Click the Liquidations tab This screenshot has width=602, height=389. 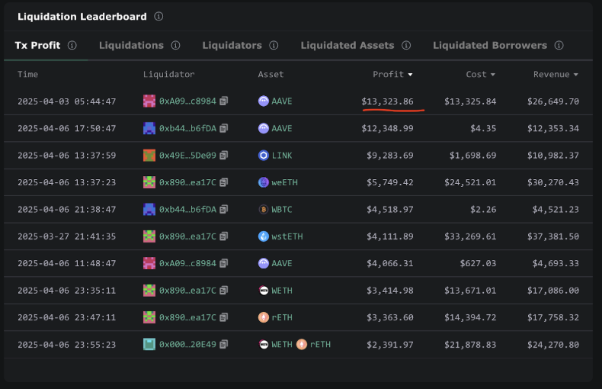pos(131,45)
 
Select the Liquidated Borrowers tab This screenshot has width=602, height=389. pos(489,45)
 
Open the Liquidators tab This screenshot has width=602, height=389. pos(232,45)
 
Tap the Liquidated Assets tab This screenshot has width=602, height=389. pos(347,45)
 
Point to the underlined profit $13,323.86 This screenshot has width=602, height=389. pos(388,101)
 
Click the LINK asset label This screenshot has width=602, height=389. pos(281,156)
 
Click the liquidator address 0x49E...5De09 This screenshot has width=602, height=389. pos(187,156)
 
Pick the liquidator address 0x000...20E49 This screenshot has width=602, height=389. pos(187,345)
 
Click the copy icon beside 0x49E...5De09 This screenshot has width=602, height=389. pos(224,156)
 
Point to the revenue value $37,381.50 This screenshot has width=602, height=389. pos(553,236)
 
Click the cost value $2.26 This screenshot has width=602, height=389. pos(485,210)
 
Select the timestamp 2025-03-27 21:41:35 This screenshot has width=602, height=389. pos(66,236)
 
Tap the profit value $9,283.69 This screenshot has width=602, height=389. pos(390,156)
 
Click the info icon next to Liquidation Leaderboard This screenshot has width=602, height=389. pos(159,16)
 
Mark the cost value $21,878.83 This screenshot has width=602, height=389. pos(470,345)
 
